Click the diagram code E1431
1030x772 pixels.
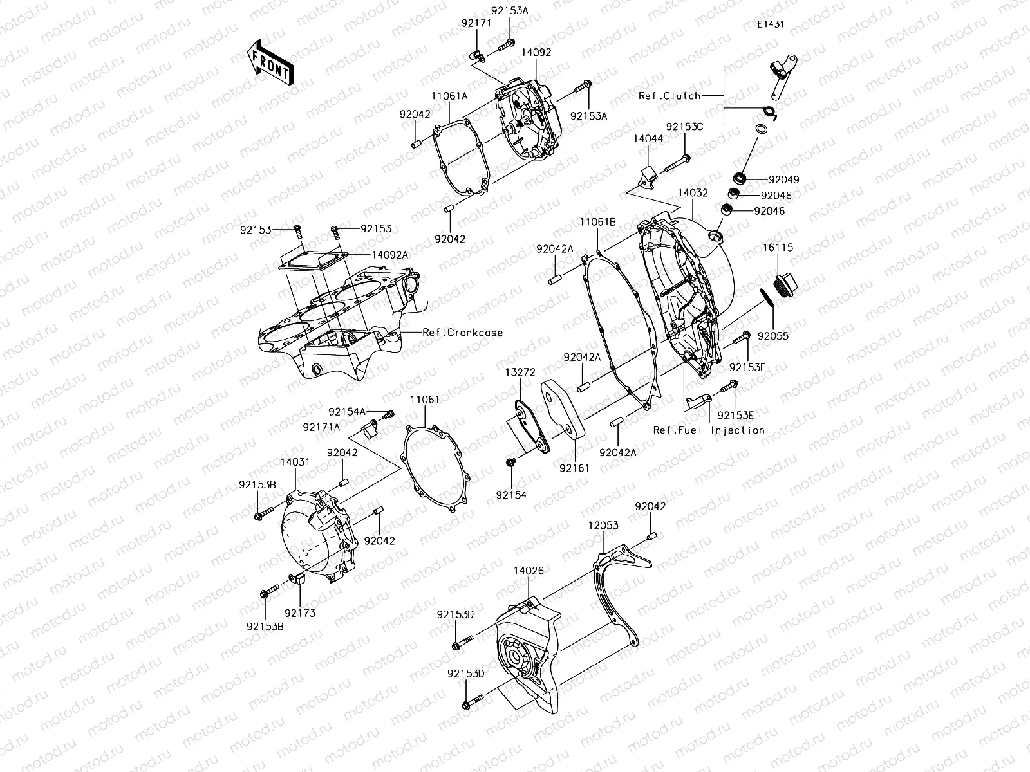(771, 24)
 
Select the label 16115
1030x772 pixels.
(778, 247)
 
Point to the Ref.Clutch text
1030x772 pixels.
(669, 96)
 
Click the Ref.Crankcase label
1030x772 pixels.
(462, 333)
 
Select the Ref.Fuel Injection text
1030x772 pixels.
(709, 430)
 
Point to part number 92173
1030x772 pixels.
(300, 613)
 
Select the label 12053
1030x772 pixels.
(603, 526)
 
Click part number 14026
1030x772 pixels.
(529, 570)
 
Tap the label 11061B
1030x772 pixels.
(597, 222)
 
